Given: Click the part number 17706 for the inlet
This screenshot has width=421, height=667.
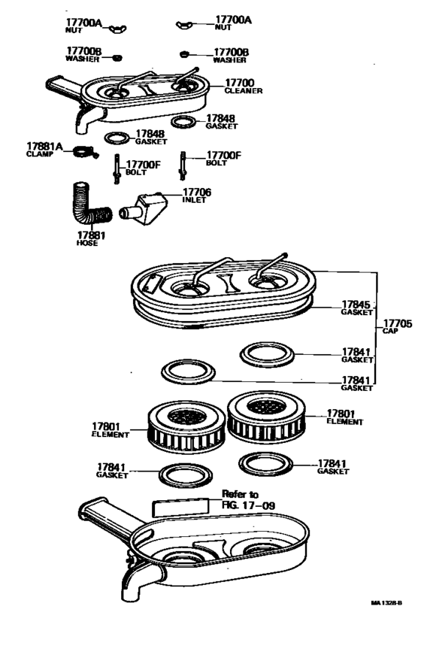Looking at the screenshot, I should point(197,193).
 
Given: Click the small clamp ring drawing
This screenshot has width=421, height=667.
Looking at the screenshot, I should point(85,153).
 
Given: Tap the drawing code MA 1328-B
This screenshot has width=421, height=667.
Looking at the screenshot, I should point(386,602).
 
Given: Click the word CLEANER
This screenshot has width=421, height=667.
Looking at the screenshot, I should point(243,91).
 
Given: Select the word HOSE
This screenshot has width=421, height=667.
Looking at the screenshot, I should point(87,243).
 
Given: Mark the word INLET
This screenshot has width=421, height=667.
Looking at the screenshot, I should point(193,201).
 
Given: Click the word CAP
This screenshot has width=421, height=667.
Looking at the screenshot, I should point(391,331).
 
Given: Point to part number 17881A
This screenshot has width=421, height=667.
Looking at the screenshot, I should point(45,145).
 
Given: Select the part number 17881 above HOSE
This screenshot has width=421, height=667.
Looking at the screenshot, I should point(91,235).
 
